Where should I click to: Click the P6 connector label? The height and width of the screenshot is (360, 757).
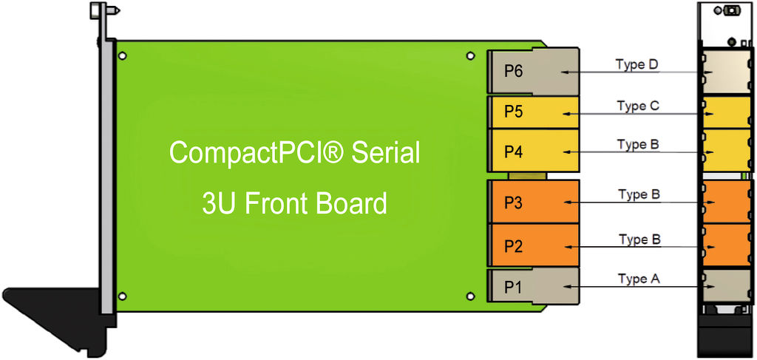pos(514,72)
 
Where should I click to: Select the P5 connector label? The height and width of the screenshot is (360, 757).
pos(514,112)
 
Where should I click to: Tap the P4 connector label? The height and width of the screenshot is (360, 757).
pos(514,152)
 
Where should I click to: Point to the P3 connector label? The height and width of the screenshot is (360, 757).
pos(514,203)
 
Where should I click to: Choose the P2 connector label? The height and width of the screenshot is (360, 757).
pos(514,245)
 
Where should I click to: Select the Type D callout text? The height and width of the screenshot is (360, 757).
pos(637,64)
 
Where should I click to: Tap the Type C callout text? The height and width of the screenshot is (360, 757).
pos(638,106)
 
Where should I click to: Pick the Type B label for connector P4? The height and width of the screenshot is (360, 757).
pos(638,144)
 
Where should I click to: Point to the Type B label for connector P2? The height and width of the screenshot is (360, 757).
pos(639,240)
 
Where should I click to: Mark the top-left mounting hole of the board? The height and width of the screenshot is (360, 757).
pos(123,55)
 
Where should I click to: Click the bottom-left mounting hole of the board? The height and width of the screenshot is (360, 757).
pos(123,296)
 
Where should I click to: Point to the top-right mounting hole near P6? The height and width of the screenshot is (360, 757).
pos(470,55)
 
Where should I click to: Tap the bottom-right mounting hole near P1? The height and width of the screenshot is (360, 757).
pos(470,296)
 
